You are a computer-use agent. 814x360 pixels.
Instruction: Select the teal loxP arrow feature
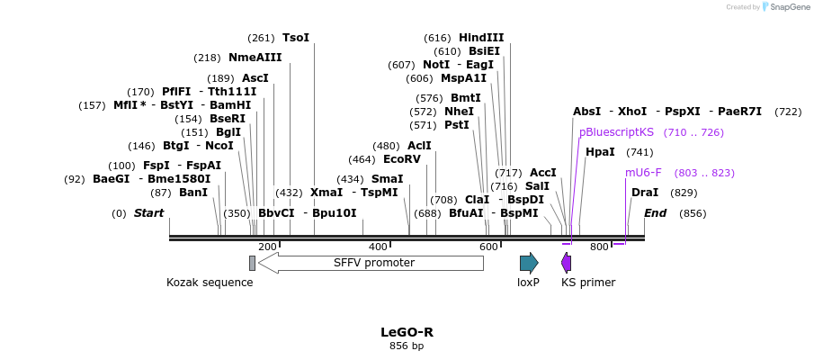tap(529, 263)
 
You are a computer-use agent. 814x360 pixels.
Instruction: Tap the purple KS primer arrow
tap(566, 263)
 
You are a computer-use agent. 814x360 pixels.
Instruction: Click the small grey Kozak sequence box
tap(253, 263)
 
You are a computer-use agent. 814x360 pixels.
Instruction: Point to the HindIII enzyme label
tap(481, 38)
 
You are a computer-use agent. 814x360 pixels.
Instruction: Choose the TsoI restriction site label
tap(296, 38)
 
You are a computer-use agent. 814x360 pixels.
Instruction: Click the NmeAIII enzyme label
tap(255, 58)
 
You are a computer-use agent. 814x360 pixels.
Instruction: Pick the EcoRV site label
tap(402, 159)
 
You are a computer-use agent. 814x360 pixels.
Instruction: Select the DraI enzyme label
tap(645, 193)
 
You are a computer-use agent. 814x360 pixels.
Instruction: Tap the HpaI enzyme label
tap(600, 152)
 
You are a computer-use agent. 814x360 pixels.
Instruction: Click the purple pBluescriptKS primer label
tap(616, 132)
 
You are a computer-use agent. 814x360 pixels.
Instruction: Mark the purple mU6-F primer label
tap(643, 173)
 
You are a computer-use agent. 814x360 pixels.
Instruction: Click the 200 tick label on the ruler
tap(267, 247)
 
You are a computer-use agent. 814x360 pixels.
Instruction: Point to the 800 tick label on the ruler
tap(599, 247)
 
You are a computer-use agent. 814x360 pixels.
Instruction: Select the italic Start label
tap(148, 213)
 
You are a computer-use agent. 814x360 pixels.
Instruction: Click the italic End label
tap(655, 213)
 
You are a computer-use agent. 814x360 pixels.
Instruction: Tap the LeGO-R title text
tap(407, 331)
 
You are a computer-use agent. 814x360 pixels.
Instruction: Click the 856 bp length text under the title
tap(407, 346)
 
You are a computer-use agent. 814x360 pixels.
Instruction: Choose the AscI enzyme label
tap(255, 78)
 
